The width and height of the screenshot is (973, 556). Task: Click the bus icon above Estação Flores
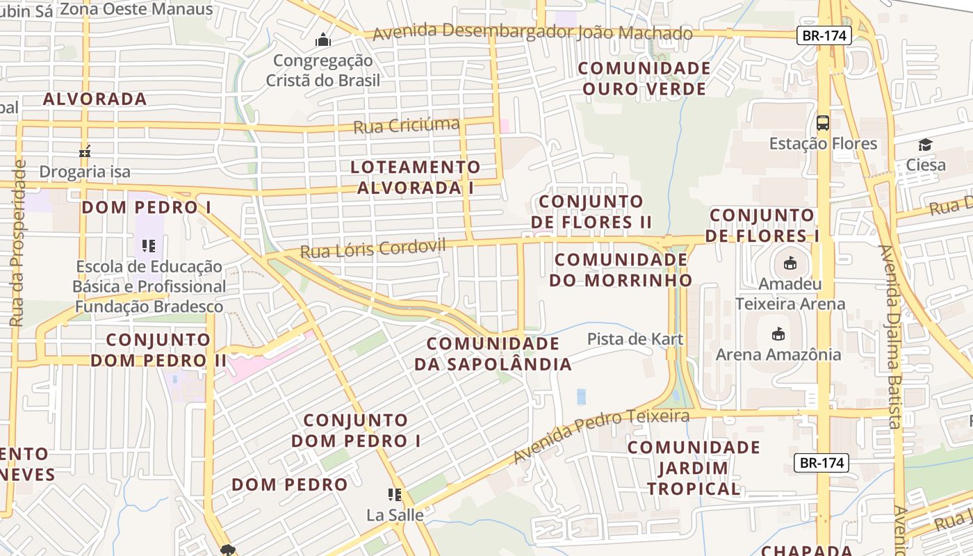(823, 123)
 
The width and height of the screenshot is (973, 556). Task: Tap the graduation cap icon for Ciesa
(925, 145)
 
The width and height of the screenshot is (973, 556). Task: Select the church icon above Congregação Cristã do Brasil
(322, 40)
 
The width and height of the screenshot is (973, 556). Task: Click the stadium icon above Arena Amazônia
(778, 334)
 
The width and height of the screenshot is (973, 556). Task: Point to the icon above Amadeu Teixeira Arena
(790, 263)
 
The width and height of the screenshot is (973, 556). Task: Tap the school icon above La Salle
(395, 495)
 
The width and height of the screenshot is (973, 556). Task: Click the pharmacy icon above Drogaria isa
(85, 151)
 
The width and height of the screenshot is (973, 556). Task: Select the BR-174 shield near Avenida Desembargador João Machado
(824, 35)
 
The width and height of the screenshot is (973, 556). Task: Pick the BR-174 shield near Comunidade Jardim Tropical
(821, 462)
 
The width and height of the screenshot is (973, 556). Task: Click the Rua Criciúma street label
(407, 126)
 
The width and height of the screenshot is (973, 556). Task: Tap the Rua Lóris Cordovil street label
(373, 248)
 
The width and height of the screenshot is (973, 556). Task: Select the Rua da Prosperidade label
(18, 243)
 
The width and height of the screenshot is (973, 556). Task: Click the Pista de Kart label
(635, 339)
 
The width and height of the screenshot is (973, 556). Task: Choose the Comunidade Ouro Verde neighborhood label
(644, 79)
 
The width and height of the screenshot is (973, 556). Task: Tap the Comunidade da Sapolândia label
(493, 354)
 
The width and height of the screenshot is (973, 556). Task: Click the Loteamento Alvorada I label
(416, 177)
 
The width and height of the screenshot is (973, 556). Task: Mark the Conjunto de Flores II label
(591, 212)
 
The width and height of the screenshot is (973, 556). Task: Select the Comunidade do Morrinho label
(621, 270)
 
